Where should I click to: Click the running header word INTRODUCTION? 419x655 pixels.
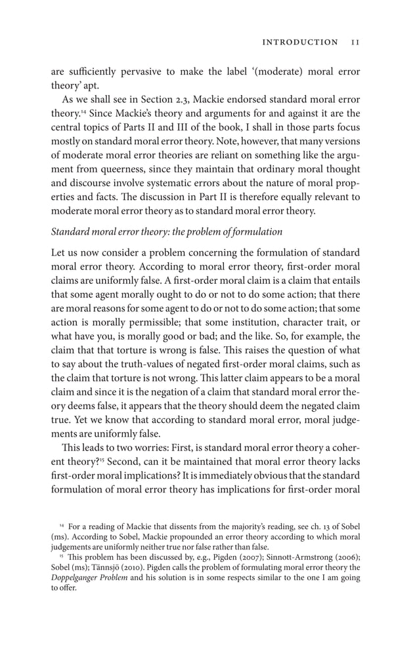301,42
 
